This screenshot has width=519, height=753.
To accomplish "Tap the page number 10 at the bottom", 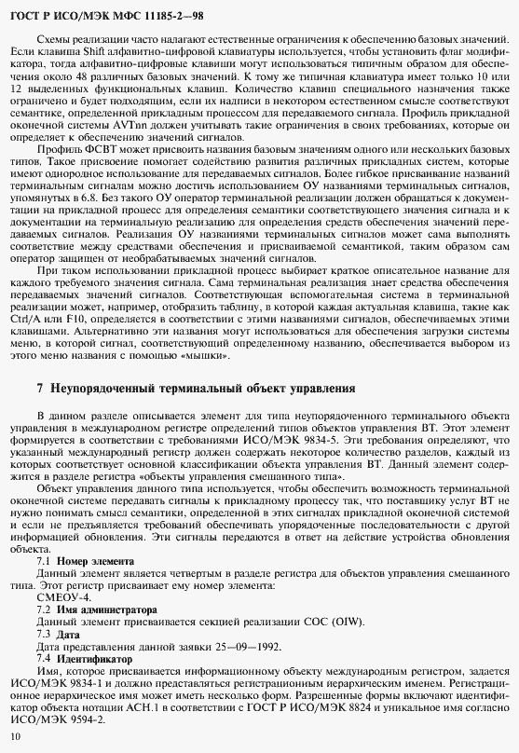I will [x=13, y=738].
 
